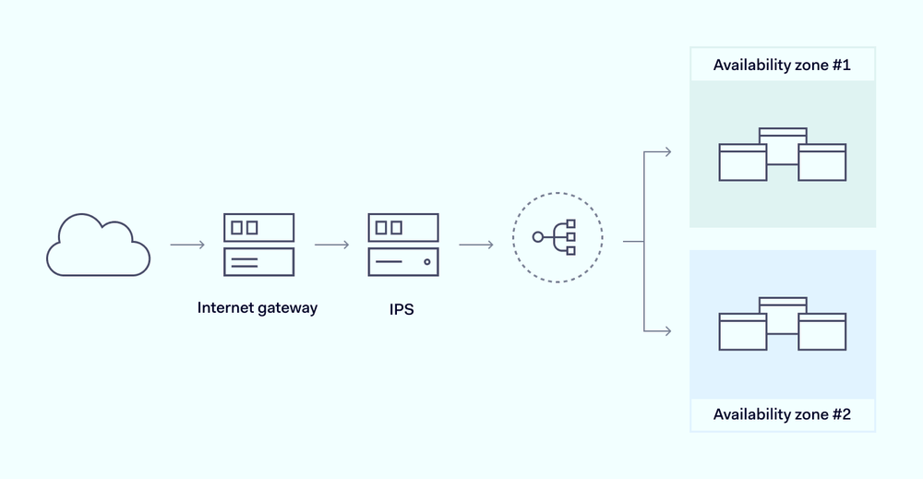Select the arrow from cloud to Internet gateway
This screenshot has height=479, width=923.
187,245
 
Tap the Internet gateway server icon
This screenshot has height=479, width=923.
258,245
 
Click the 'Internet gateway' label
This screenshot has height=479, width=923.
258,308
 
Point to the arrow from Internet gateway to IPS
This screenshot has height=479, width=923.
331,245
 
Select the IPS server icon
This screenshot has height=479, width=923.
402,245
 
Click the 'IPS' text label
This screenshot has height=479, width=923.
402,309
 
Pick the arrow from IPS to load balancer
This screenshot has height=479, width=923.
475,245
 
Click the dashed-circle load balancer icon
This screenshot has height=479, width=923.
557,237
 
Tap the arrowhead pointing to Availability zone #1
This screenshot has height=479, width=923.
667,151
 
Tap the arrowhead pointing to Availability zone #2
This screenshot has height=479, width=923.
667,329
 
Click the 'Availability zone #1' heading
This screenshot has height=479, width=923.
782,66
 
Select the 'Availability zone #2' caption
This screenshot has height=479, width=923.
782,414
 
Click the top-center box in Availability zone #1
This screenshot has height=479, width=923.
783,136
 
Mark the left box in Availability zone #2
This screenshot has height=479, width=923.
743,332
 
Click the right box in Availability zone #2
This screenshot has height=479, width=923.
822,332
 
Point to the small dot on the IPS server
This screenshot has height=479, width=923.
426,262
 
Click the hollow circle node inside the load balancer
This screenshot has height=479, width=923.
539,237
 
